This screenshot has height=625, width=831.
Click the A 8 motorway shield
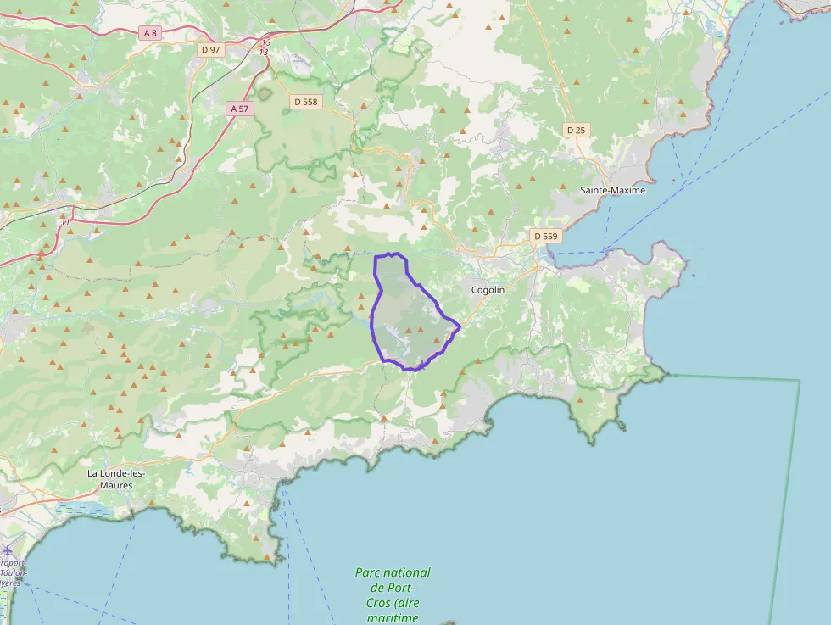click(x=150, y=33)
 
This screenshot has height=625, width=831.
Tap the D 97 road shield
click(x=210, y=50)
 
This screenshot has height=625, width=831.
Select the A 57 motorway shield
click(x=239, y=109)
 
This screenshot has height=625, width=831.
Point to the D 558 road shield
click(x=304, y=102)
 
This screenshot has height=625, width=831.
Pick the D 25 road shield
click(x=576, y=130)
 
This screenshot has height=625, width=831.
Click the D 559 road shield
click(x=545, y=235)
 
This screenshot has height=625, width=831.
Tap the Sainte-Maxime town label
click(x=612, y=190)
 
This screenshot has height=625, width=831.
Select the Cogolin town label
click(x=488, y=290)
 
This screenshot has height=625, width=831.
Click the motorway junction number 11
click(x=65, y=222)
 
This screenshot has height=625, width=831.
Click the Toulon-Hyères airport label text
click(x=12, y=573)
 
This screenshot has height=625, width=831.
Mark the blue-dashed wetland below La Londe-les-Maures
click(x=85, y=509)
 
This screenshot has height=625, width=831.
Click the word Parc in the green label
click(x=370, y=572)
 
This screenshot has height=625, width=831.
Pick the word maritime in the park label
click(x=393, y=618)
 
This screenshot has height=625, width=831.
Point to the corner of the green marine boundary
click(x=799, y=381)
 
